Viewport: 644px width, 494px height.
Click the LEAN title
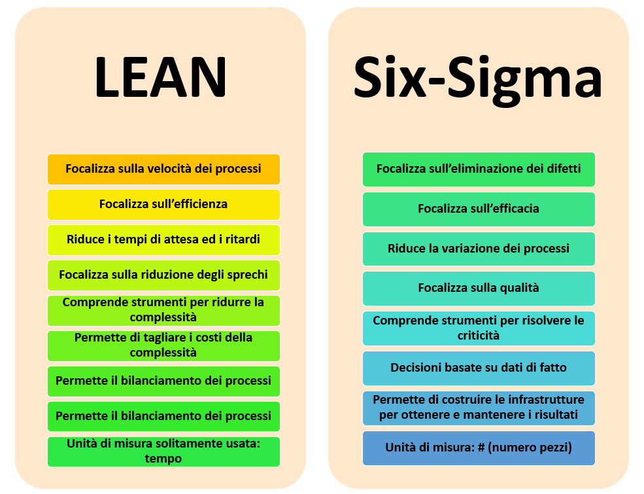pos(161,77)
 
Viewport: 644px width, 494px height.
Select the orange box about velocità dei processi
pos(163,169)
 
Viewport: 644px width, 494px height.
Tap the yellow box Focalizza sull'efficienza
pos(163,205)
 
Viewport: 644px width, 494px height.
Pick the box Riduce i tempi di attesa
pos(163,240)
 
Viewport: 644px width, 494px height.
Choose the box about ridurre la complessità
pos(163,311)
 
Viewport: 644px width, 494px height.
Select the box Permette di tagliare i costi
pos(163,346)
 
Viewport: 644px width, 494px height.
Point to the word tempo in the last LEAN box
pos(163,459)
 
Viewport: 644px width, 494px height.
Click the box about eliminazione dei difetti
pos(479,169)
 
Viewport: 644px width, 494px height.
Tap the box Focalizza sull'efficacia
pos(479,209)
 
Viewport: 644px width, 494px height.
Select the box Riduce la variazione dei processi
pos(479,249)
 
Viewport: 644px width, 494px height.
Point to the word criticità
pos(479,336)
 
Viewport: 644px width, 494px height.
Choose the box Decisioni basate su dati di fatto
pos(479,368)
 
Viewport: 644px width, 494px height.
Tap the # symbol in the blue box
pos(481,448)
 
